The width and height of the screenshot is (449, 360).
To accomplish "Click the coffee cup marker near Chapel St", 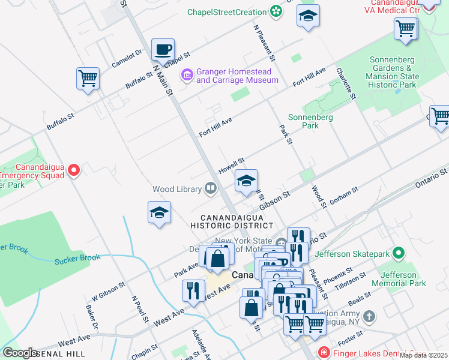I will coord(163,49).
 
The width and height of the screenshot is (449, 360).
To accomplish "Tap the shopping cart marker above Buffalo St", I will coord(88,79).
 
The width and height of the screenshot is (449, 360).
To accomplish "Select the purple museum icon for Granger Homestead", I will coord(187,75).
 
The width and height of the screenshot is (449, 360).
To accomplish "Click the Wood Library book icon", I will coord(211,189).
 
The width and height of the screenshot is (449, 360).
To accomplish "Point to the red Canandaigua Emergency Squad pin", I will coord(74,171).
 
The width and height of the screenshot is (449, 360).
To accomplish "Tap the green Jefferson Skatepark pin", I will coord(397,254).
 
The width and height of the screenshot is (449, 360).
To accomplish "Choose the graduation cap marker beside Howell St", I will coord(246,181).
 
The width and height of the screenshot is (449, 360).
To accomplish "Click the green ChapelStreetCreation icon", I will coord(276,11).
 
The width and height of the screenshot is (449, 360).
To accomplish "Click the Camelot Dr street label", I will coord(126,59).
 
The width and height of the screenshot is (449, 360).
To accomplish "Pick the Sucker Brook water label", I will coord(77,259).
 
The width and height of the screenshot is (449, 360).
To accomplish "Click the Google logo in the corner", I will coord(20,353).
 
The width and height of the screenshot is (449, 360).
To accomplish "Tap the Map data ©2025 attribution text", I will coord(423,355).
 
